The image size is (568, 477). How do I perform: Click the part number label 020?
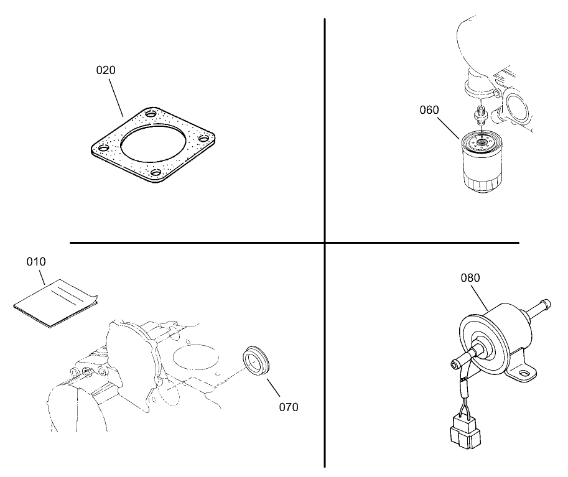tap(106, 70)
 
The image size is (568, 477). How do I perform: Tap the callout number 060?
tap(429, 110)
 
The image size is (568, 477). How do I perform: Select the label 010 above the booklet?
tap(36, 261)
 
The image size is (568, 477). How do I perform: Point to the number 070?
tap(289, 407)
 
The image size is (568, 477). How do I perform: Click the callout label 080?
tap(470, 278)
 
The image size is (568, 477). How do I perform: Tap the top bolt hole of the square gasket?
tap(151, 113)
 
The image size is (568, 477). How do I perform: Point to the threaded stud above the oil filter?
tap(480, 114)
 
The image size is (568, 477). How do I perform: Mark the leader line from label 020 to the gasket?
tap(116, 96)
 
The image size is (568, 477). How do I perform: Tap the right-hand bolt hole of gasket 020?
tap(204, 138)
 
